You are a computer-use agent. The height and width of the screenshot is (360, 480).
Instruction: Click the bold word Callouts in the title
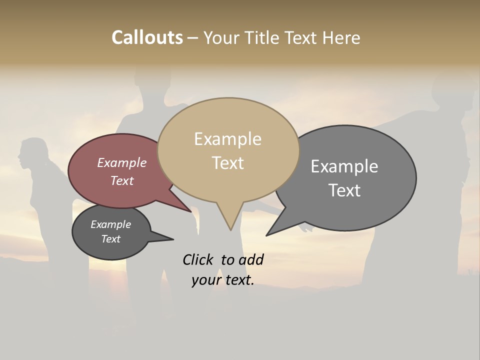coord(147,37)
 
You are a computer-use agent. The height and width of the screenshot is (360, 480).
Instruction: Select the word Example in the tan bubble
coord(227,139)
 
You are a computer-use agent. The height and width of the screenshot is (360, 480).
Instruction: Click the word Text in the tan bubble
coord(228,163)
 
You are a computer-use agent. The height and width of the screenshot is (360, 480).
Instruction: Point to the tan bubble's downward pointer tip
coord(230,229)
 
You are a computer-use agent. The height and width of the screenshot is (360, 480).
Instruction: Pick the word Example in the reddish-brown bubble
coord(121,162)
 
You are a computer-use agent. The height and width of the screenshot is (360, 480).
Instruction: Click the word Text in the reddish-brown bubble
coord(122,180)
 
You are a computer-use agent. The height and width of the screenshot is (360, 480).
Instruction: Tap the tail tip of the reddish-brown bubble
coord(191,211)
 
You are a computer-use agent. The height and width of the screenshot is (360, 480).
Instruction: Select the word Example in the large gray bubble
coord(344,166)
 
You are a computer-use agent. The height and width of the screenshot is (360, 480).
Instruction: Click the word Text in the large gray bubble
coord(344,190)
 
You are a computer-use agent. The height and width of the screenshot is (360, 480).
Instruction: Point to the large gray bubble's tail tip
coord(267,235)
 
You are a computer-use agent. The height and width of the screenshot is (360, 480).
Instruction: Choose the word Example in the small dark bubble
coord(110,224)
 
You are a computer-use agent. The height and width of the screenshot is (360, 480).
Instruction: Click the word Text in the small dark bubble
coord(110,239)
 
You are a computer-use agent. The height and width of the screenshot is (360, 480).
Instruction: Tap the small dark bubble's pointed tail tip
coord(173,239)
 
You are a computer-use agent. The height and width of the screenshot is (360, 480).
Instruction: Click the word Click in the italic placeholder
coord(198,259)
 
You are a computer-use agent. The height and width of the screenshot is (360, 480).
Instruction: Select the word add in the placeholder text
coord(250,259)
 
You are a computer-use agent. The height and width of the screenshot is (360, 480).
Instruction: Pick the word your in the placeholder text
coord(205,280)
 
